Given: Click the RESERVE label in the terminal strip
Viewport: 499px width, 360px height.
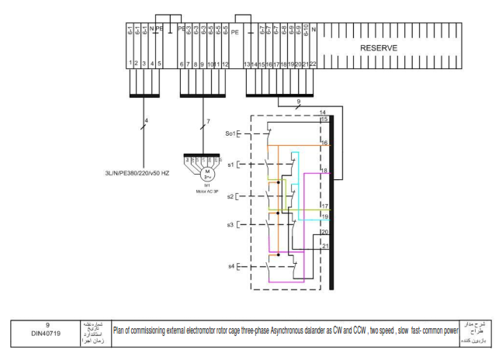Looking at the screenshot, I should [x=379, y=48].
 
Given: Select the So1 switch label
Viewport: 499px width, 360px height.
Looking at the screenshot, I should [x=230, y=133].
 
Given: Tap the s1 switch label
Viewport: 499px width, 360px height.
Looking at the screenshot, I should [x=230, y=164].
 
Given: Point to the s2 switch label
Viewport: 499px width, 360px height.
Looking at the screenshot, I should [x=230, y=196].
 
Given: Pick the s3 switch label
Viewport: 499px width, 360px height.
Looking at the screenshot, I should [x=230, y=224].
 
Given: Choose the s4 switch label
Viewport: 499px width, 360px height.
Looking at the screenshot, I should [x=230, y=266].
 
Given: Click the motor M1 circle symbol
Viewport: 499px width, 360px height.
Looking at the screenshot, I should [x=207, y=171].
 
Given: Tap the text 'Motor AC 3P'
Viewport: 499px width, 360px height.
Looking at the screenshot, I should [x=207, y=191].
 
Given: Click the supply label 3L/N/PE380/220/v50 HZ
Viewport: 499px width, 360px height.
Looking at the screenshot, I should [x=137, y=172].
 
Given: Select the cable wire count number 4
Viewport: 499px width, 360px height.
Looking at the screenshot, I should [x=147, y=120].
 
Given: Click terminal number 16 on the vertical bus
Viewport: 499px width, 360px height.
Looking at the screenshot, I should [x=324, y=144].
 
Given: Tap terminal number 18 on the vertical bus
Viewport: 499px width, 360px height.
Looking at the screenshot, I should [x=324, y=170].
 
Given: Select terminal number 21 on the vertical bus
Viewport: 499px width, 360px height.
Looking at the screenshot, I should [x=324, y=246].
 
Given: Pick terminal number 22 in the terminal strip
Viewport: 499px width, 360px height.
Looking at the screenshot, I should [x=313, y=64].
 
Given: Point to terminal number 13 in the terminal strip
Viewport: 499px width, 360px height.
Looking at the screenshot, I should [x=247, y=64].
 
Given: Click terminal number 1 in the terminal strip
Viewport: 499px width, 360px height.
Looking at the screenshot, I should [x=129, y=63].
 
